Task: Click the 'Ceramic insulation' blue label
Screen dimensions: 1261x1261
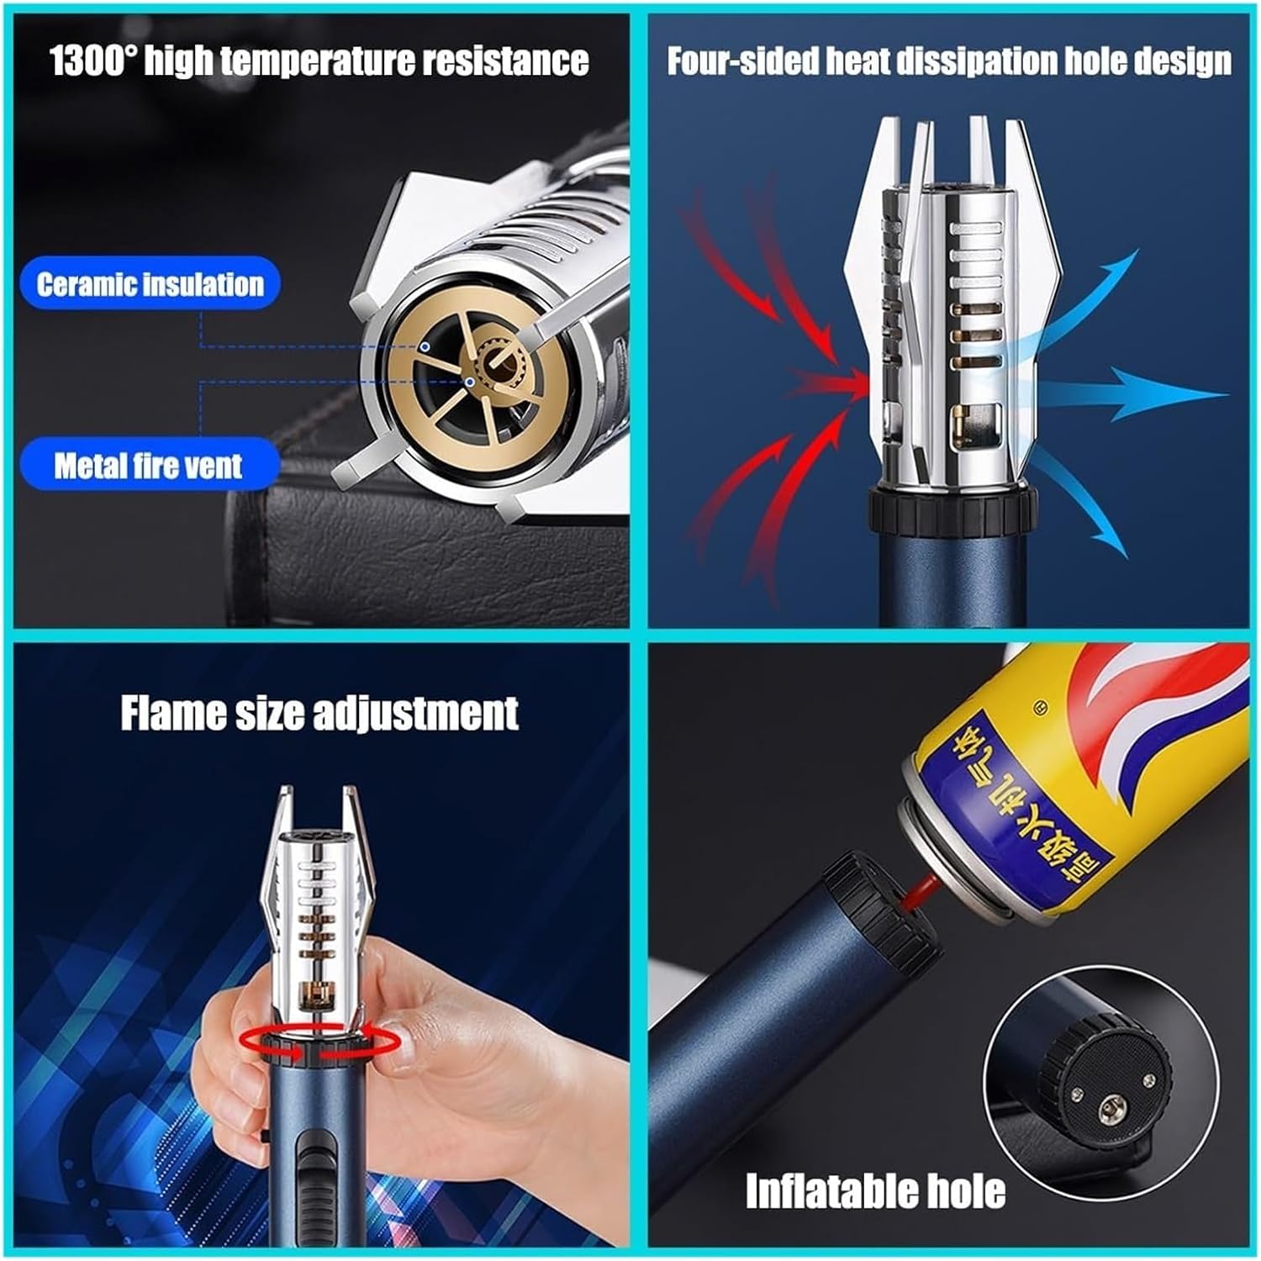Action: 150,284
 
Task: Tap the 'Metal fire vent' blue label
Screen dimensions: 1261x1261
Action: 149,465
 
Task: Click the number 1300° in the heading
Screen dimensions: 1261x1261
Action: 93,61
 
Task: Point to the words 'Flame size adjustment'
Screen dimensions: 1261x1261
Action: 319,713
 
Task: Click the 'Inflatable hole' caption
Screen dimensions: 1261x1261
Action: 875,1191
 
